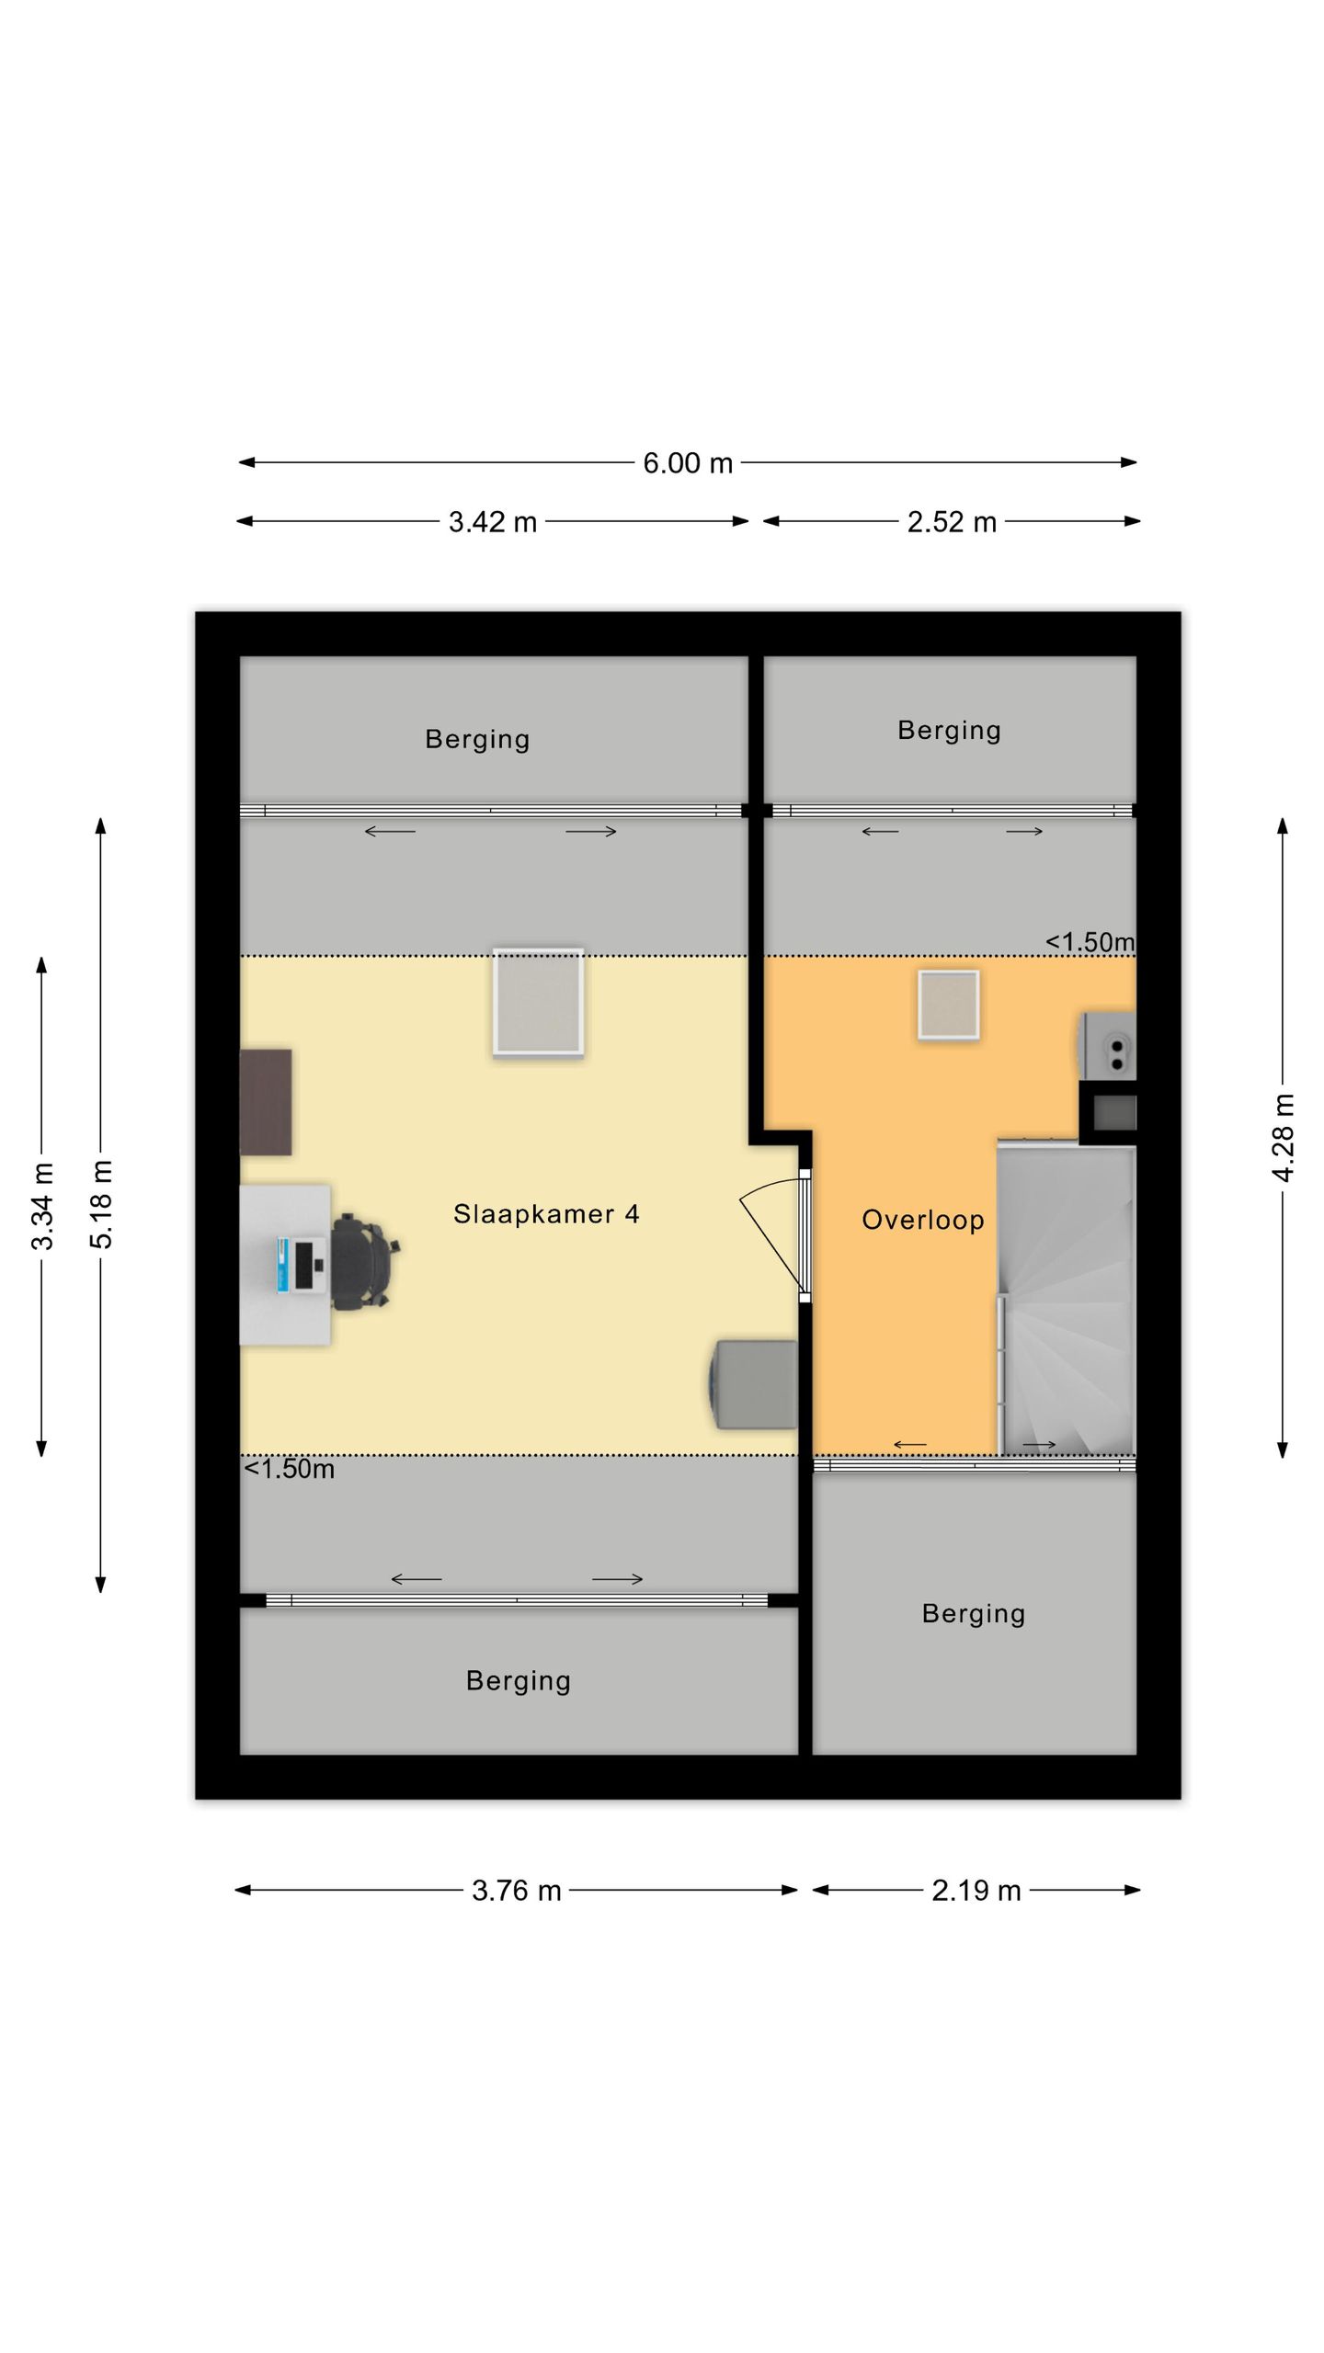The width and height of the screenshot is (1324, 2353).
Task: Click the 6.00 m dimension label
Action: pos(687,463)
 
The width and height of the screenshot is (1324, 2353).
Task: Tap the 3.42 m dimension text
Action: pos(492,522)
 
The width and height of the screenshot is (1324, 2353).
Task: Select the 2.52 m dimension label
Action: pos(952,522)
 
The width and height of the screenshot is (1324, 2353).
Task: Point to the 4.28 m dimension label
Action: pos(1283,1138)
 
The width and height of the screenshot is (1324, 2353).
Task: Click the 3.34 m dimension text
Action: pos(42,1206)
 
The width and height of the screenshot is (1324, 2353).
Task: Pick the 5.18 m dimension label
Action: pos(101,1204)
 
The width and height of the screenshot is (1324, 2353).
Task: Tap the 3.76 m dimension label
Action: pos(516,1891)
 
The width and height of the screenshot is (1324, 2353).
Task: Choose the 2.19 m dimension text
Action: pos(976,1891)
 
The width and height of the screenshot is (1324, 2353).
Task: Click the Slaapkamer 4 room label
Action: pos(546,1214)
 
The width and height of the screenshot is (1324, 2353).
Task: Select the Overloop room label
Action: pos(923,1220)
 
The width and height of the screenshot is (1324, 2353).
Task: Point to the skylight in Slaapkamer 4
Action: pos(538,1002)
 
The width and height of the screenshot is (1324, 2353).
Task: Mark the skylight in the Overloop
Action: pos(948,1006)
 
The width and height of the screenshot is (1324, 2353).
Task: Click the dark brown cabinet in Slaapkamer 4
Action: pos(266,1102)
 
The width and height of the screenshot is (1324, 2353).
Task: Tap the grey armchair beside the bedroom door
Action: pos(753,1385)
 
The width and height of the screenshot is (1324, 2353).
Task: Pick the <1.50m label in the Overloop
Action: pos(1090,942)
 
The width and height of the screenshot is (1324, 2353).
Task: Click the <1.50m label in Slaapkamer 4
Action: pos(289,1469)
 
